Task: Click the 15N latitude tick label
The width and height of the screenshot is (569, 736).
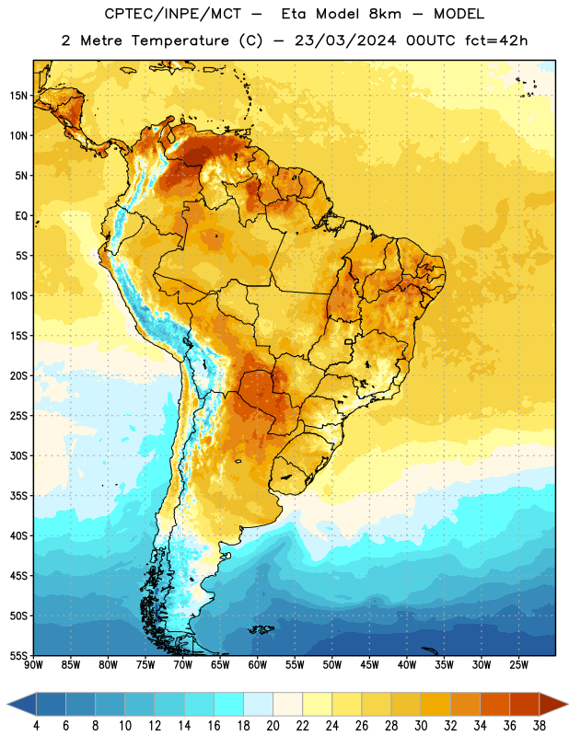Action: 18,96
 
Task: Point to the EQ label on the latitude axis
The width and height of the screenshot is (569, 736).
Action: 21,216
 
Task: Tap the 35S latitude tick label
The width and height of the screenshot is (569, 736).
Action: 18,496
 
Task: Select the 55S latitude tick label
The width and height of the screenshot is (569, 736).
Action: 18,655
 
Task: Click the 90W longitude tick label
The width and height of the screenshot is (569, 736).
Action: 33,664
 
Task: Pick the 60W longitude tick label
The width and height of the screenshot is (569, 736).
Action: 258,664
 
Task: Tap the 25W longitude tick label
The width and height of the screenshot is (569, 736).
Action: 518,664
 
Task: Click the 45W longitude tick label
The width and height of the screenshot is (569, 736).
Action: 369,664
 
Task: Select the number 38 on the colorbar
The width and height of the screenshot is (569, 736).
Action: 540,726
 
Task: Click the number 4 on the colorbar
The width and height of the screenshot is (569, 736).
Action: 36,726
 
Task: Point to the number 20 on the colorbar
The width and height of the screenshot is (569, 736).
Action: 273,726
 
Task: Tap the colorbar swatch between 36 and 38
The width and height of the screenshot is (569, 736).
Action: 525,706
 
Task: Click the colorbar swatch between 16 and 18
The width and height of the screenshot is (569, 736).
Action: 229,706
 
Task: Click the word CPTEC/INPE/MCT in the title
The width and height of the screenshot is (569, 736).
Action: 172,14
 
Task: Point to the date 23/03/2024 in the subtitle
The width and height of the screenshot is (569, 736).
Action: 345,40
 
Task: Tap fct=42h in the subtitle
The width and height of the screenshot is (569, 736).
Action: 496,40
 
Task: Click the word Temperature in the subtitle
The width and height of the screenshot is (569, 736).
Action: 180,40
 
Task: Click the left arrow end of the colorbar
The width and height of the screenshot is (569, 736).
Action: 21,706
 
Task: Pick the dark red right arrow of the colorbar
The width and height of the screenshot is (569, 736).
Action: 553,706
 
